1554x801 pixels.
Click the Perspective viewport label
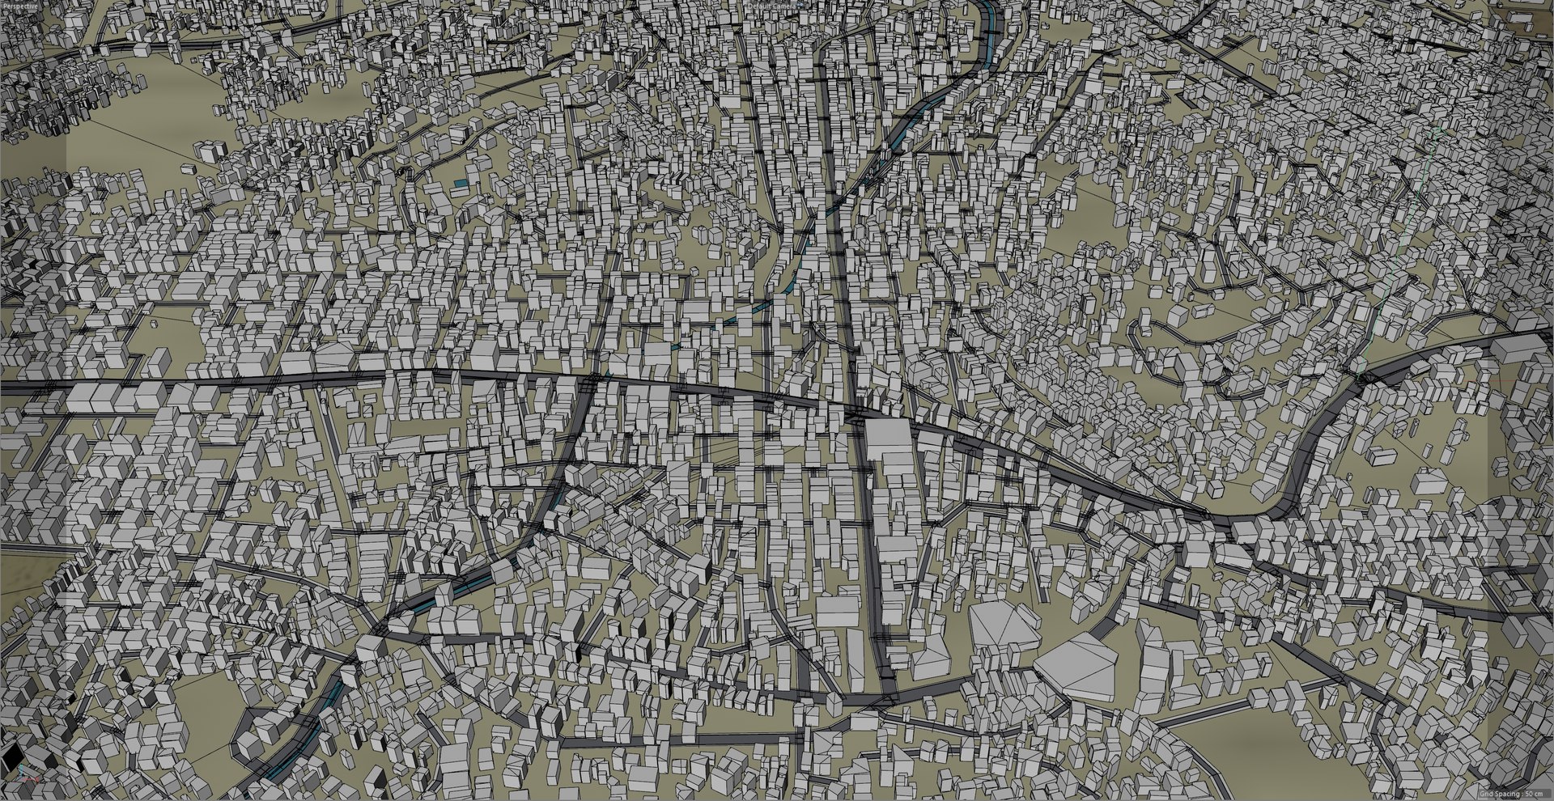19,4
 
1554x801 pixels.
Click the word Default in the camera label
760,5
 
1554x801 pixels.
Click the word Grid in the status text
1486,795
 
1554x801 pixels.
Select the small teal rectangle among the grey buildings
461,184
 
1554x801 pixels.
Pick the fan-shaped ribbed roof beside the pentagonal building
1004,626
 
